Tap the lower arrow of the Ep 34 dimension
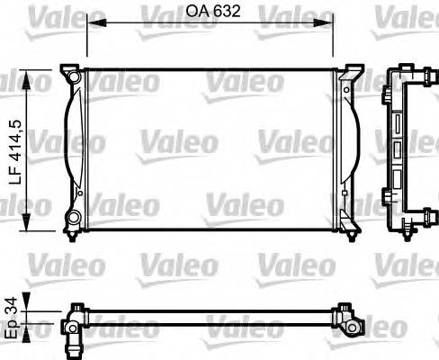click(33, 328)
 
